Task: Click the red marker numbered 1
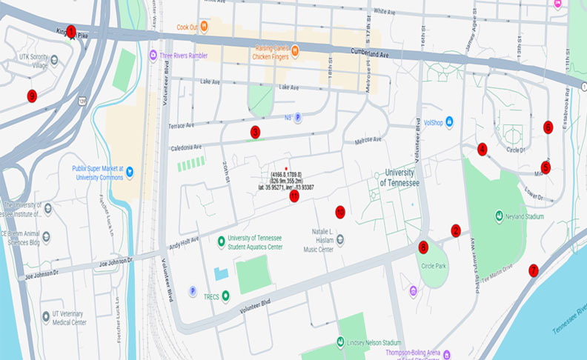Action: tap(71, 31)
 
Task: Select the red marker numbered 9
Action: tap(31, 95)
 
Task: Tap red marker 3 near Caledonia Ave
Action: tap(255, 132)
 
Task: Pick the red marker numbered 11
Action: tap(294, 196)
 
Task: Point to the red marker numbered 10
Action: tap(340, 211)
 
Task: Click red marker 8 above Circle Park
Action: tap(423, 247)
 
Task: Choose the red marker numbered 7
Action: tap(533, 270)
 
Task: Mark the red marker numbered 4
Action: tap(482, 149)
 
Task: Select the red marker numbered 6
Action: tap(548, 126)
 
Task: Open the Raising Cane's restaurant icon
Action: tap(294, 50)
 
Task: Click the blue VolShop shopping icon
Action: tap(449, 122)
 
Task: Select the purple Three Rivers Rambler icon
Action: tap(153, 55)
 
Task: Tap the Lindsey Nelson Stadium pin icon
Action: tap(340, 343)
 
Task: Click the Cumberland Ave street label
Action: tap(389, 55)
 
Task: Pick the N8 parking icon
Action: tap(298, 116)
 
